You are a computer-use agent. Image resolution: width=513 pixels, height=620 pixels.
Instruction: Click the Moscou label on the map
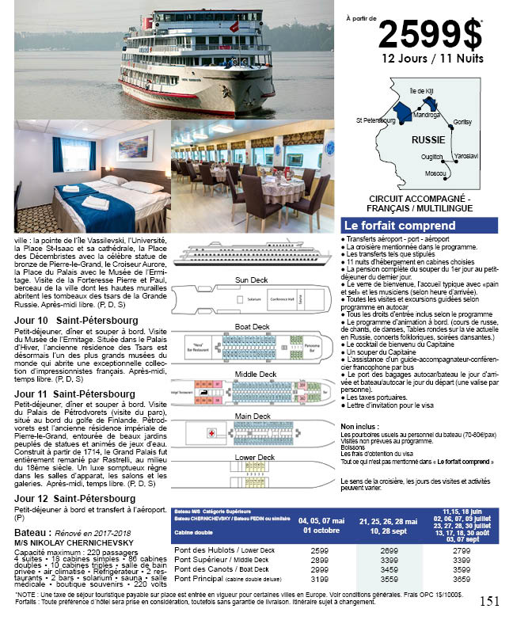[x=435, y=173]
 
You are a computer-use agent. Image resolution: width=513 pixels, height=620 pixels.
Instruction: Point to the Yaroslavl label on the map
[x=467, y=156]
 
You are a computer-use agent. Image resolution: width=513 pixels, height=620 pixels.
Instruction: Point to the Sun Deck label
[x=251, y=280]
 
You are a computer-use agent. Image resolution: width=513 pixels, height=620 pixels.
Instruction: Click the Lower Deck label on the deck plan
[x=254, y=457]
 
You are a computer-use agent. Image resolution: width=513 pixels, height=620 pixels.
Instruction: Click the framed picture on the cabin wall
[x=134, y=146]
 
